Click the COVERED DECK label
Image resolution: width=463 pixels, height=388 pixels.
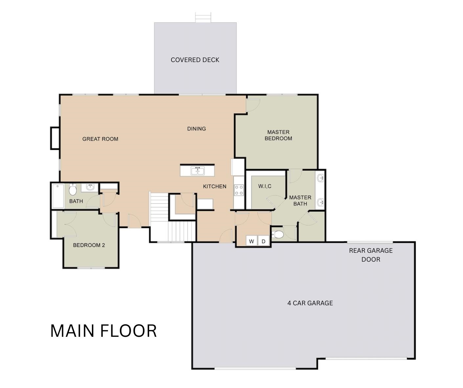(x=195, y=60)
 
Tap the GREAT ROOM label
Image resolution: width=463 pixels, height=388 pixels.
(x=100, y=139)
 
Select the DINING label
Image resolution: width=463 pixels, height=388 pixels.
(x=196, y=129)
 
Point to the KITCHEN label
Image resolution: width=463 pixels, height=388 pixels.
(x=215, y=186)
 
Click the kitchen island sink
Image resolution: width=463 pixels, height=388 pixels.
(x=198, y=171)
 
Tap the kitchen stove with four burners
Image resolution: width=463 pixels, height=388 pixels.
(x=239, y=190)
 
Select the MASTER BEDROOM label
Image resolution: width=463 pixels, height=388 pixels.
(x=278, y=135)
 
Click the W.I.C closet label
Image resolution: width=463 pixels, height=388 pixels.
(x=265, y=186)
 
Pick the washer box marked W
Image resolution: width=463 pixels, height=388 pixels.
(x=252, y=241)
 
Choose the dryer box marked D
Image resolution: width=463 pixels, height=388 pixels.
(x=264, y=241)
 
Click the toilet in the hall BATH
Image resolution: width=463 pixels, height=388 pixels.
(x=73, y=189)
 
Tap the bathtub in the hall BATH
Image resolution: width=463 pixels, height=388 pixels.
(x=58, y=196)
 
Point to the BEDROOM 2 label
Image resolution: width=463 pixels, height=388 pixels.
(x=89, y=245)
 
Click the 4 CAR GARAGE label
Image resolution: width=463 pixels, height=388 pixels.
(x=310, y=303)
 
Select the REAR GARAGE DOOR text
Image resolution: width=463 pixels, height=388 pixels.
(x=371, y=255)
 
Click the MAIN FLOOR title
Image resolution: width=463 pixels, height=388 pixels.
(x=103, y=331)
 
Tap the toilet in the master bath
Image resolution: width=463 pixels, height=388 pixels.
(x=277, y=234)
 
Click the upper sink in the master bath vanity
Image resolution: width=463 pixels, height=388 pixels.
(x=320, y=178)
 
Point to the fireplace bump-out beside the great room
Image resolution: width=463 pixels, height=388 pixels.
(x=55, y=138)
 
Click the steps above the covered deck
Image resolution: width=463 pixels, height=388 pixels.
(x=203, y=18)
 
